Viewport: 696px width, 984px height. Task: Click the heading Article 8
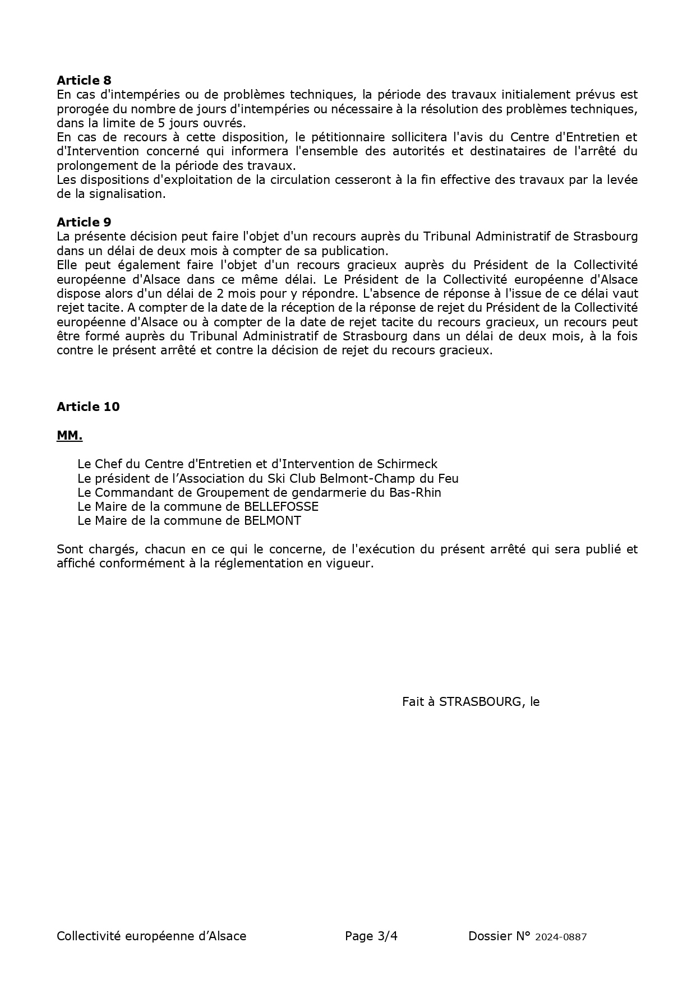click(x=84, y=81)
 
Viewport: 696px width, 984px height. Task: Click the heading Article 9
click(x=84, y=223)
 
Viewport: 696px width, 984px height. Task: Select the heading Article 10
click(x=88, y=407)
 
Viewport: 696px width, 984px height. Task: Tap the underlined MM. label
click(x=70, y=436)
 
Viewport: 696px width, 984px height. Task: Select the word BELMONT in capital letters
click(x=273, y=521)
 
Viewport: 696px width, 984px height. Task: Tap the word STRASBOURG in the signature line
click(x=480, y=702)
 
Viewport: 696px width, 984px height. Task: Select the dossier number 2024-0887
click(x=561, y=937)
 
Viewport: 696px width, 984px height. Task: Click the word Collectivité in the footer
click(x=88, y=936)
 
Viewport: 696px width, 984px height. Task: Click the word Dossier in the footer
click(x=490, y=936)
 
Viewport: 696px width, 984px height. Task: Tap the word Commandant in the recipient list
click(x=135, y=493)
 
